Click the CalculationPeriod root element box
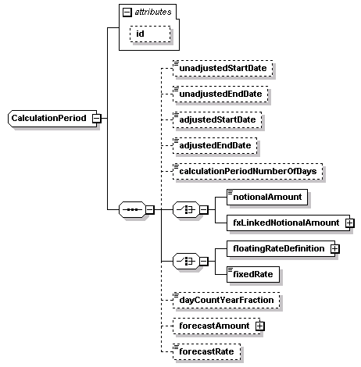[49, 118]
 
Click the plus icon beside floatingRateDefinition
[334, 248]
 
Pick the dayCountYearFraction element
[226, 301]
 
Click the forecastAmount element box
[213, 326]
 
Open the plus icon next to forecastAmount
[259, 326]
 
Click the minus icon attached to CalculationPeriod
[96, 118]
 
